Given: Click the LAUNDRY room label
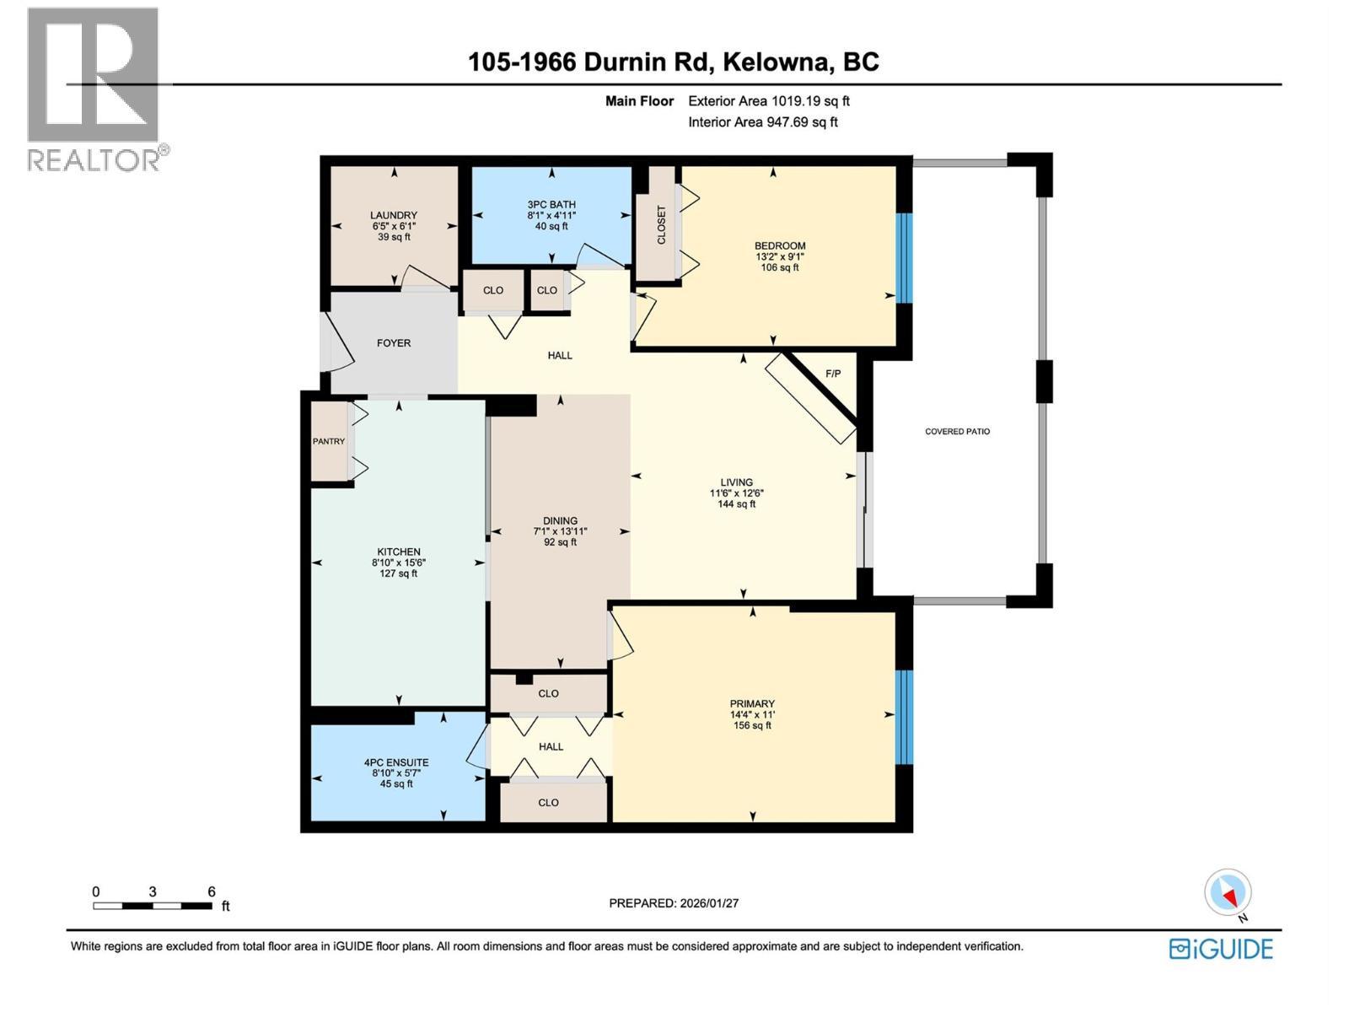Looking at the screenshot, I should coord(394,215).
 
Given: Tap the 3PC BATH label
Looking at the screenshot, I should coord(551,204).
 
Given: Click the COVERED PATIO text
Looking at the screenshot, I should coord(957,431).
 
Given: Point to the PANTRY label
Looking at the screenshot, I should coord(329,441).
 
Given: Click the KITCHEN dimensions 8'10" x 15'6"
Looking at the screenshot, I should coord(398,563).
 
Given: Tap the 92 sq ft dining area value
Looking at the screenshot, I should coord(560,542).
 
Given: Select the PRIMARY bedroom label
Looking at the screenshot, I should coord(752,703).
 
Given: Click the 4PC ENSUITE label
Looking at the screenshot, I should coord(396,762).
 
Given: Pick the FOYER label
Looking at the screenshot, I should coord(394,343).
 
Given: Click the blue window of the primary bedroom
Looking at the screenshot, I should coord(903,717).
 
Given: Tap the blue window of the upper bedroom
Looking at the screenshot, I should coord(903,257).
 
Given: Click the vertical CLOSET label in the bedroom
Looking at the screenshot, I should coord(661,225).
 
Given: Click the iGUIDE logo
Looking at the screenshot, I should coord(1221,949).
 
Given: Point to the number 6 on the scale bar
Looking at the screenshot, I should coord(212,891).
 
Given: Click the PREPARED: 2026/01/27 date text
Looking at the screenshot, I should coord(674,902).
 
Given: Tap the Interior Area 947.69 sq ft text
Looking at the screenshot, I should coord(762,121).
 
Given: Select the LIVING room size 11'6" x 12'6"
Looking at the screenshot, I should coord(736,493).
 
